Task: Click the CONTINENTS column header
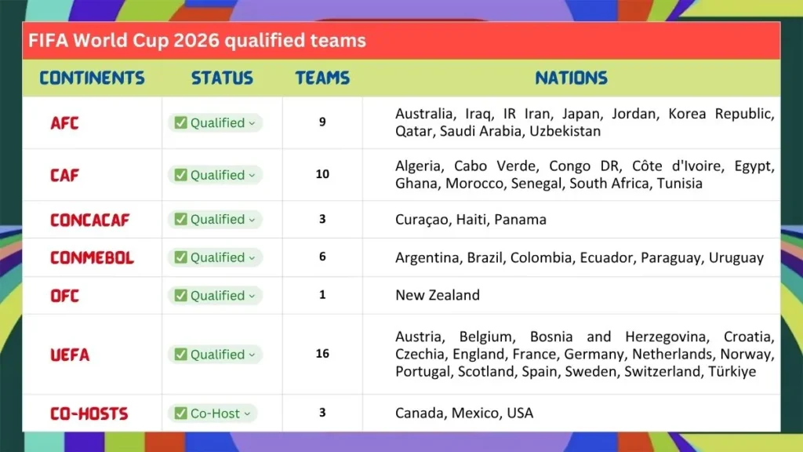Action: point(92,78)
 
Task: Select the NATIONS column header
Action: point(571,78)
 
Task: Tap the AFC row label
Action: point(64,123)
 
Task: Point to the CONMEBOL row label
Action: point(92,257)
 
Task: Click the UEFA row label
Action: point(70,355)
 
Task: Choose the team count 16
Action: point(322,354)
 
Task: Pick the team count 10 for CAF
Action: point(322,174)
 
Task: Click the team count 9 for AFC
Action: point(322,122)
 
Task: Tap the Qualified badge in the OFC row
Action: point(214,296)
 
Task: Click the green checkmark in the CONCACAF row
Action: point(180,220)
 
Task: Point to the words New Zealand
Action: point(437,296)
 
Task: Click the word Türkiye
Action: point(732,371)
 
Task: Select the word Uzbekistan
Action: point(565,131)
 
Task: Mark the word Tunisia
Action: point(677,184)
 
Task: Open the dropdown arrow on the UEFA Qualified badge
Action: point(252,355)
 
